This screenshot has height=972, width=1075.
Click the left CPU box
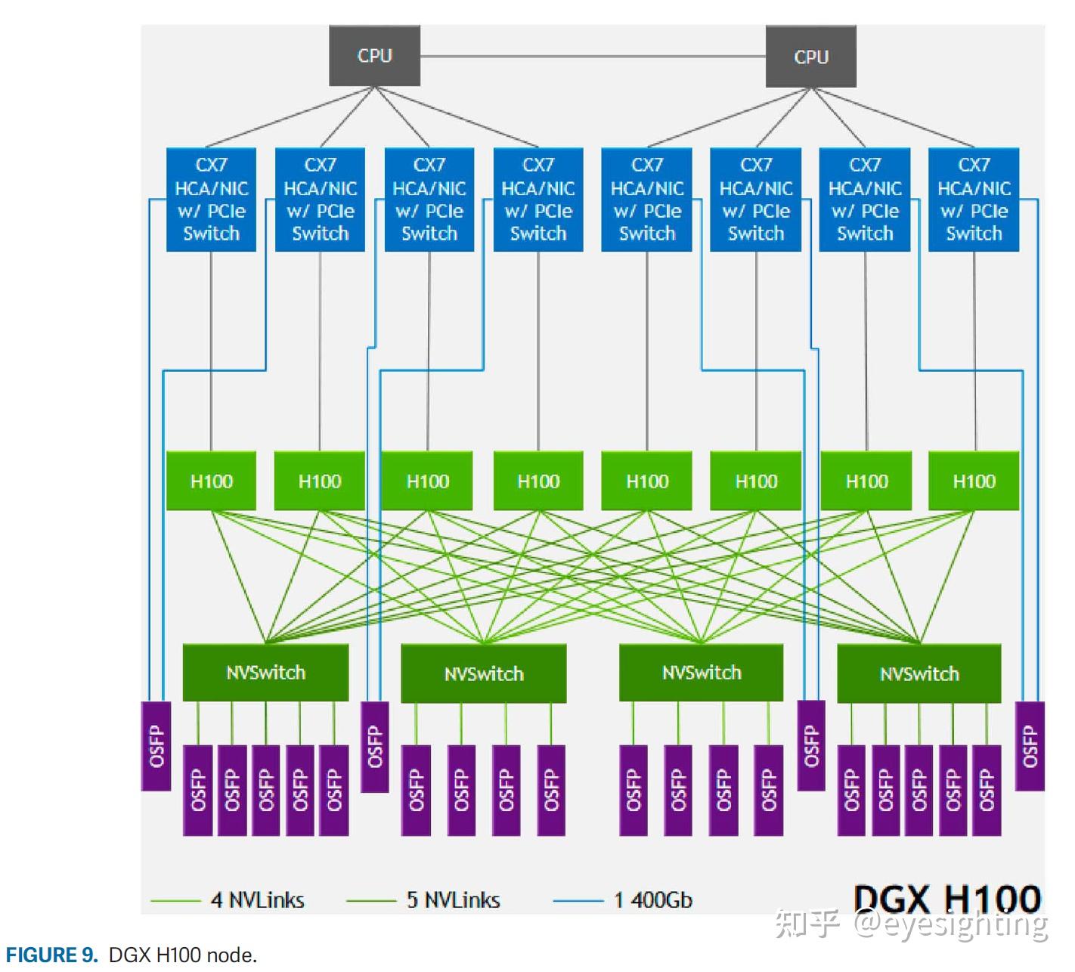coord(374,56)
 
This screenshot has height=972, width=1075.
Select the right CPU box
coord(810,57)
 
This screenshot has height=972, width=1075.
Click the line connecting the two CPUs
coord(593,56)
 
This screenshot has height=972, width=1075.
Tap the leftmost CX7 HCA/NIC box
coord(211,200)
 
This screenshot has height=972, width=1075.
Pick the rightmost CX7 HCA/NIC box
coord(973,200)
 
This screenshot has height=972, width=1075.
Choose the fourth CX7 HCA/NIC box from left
coord(537,200)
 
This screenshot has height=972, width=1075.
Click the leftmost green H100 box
coord(211,481)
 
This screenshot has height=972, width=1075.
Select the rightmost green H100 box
coord(973,481)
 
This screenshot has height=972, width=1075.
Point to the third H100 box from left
coord(427,481)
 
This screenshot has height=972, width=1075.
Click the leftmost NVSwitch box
coord(265,672)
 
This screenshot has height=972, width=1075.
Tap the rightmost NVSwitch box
coord(919,673)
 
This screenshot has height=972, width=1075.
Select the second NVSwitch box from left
coord(483,673)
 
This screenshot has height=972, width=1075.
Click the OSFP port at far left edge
coord(156,746)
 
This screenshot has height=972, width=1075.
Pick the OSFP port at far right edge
coord(1029,746)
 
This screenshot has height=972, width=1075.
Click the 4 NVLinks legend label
coord(257,899)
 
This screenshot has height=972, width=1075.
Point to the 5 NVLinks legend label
coord(453,899)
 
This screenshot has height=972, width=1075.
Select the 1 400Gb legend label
coord(652,899)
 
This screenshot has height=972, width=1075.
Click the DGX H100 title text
coord(946,899)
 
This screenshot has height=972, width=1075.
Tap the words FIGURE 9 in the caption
coord(52,955)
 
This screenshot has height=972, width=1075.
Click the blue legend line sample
coord(578,900)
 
